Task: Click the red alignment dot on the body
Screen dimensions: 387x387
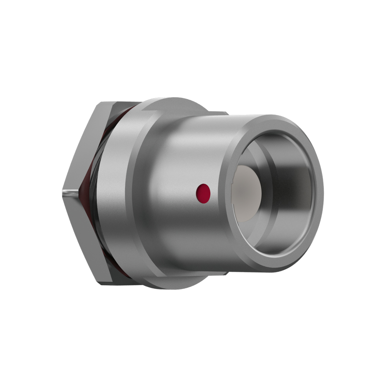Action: tap(203, 192)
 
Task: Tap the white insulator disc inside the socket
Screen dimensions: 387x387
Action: tap(248, 193)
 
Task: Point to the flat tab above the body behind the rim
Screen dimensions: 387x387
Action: tap(217, 113)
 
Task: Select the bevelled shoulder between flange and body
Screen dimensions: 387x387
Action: tap(143, 193)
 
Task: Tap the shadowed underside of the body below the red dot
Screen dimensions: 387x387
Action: tap(193, 248)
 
